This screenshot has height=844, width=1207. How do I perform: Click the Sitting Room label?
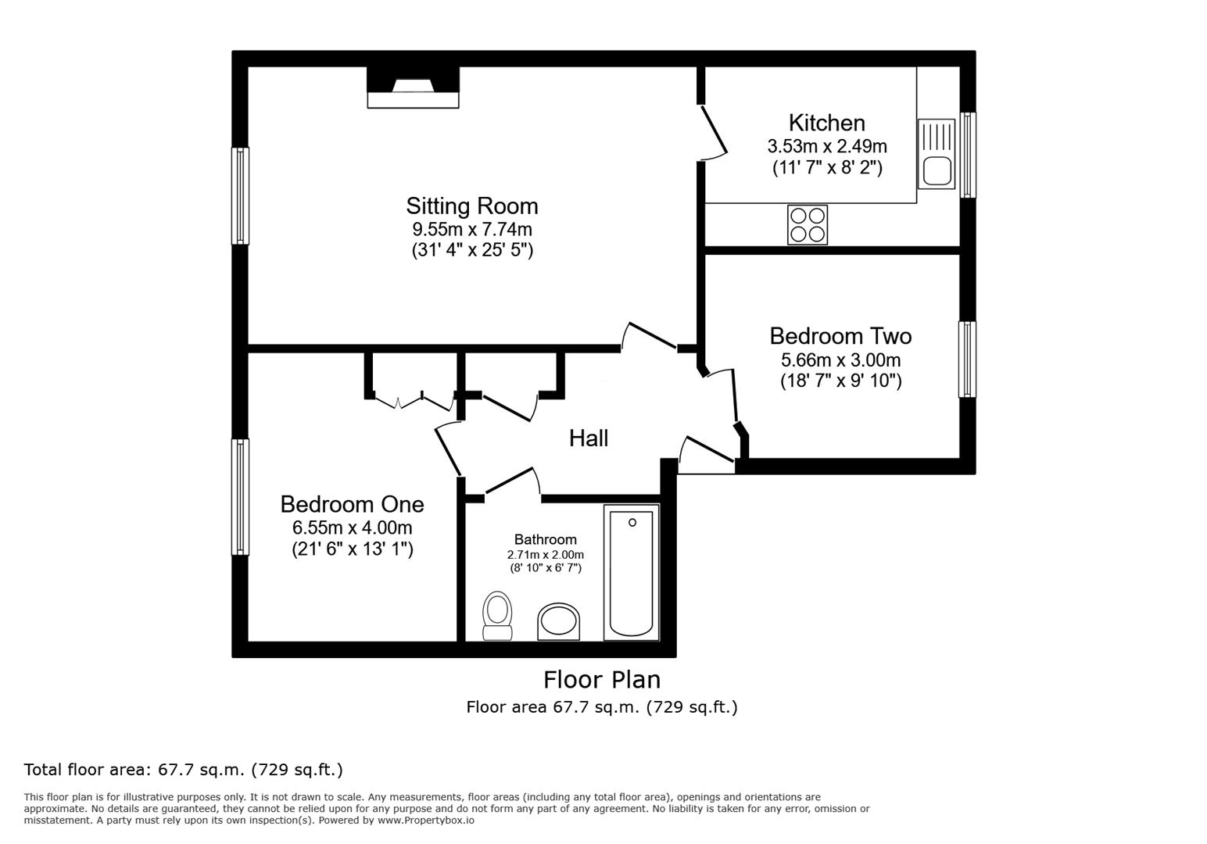coord(471,206)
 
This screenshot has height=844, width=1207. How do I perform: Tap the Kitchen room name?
coord(826,123)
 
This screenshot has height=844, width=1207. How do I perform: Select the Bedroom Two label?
coord(840,336)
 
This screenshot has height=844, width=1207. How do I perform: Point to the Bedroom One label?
coord(352,504)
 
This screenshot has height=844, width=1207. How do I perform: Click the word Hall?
coord(588,438)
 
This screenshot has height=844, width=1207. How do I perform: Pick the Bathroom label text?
coord(545,539)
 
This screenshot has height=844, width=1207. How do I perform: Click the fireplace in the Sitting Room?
coord(413,88)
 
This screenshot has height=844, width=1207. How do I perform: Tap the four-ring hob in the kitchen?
coord(807,224)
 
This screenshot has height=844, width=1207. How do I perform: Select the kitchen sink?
coord(936,154)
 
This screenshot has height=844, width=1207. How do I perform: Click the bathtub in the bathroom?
coord(631,572)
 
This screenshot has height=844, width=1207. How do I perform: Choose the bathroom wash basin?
coord(558,622)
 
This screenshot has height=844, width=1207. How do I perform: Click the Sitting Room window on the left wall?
coord(240,195)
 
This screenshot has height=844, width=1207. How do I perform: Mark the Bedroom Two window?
coord(967,359)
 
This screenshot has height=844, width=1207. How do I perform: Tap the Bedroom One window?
coord(240,496)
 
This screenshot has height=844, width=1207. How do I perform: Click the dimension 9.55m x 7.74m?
coord(471,230)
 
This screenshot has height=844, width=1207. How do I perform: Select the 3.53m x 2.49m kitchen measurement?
coord(826,146)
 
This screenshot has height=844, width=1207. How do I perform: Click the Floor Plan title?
coord(601,679)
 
